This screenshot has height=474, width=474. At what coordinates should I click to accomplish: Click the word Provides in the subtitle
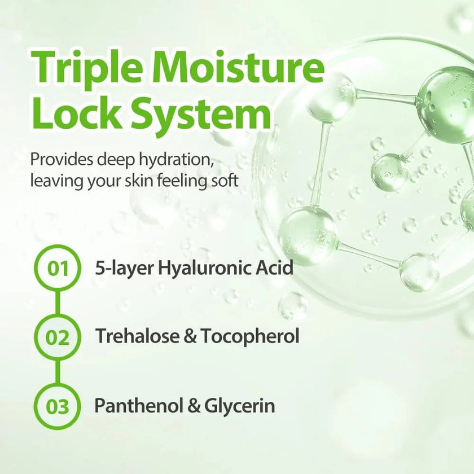coord(62,159)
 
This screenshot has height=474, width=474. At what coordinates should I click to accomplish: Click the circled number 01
coord(58,269)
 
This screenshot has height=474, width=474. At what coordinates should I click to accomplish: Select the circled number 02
coord(58,337)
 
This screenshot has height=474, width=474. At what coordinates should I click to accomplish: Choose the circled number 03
coord(58,406)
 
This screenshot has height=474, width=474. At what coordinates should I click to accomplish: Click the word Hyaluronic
coord(205,268)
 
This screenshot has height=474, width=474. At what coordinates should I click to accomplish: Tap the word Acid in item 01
coord(275,267)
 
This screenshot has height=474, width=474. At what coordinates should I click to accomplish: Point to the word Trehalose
coord(137,336)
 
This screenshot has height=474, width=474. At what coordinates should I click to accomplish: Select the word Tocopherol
coord(249,336)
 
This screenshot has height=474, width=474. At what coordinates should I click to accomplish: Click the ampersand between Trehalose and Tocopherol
coord(190,336)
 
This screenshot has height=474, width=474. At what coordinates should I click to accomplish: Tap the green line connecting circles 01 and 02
coord(58,303)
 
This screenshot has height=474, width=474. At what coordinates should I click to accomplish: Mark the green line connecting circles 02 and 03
coord(58,372)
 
